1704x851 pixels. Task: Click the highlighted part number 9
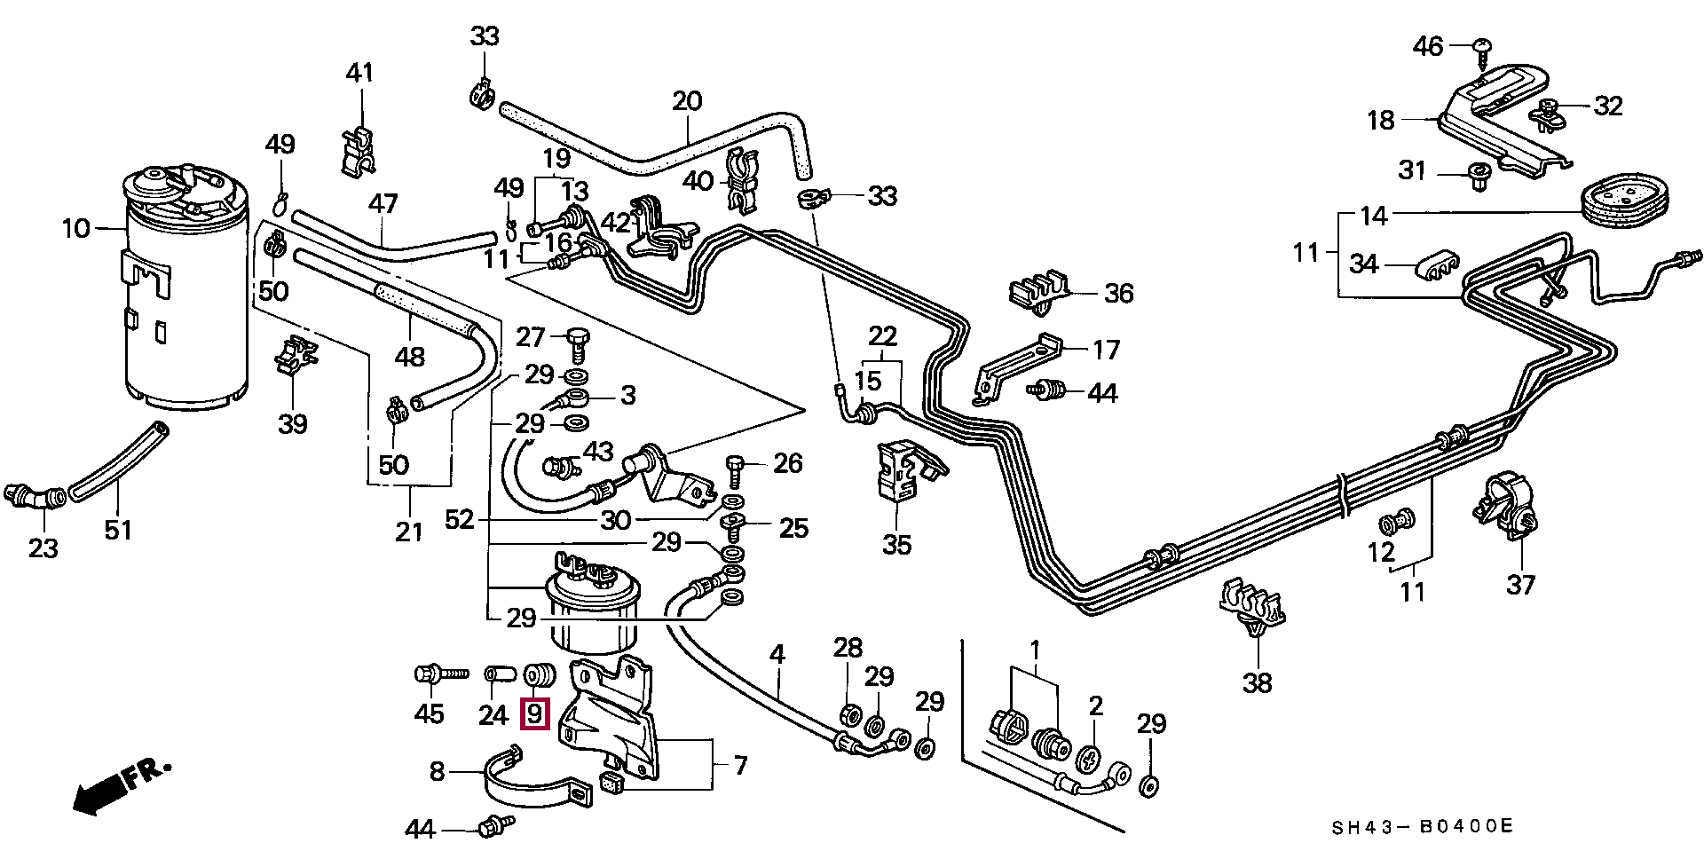tap(534, 713)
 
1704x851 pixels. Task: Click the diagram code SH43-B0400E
tap(1421, 827)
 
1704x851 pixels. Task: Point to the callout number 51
tap(118, 530)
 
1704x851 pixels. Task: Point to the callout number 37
tap(1521, 584)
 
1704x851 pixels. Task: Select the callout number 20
tap(687, 101)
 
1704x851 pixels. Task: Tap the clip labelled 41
tap(359, 149)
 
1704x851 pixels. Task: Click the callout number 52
tap(460, 520)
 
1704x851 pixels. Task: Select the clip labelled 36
tap(1039, 290)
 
